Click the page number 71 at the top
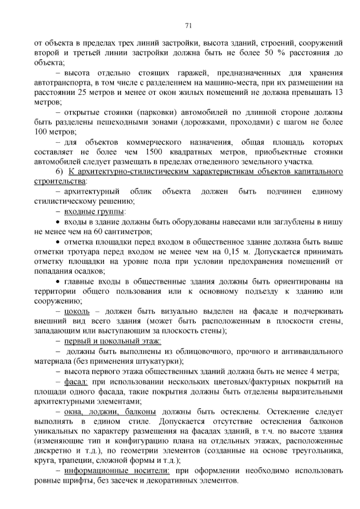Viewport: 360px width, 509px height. click(188, 26)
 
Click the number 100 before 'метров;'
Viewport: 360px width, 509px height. click(40, 132)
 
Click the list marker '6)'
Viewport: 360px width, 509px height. click(58, 172)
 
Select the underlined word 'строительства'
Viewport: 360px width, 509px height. click(60, 182)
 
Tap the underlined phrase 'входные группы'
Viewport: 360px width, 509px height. click(94, 212)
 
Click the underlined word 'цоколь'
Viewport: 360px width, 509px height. click(77, 311)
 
